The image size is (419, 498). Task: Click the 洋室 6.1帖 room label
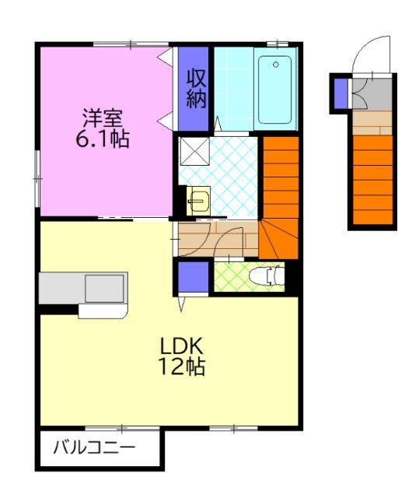tap(103, 128)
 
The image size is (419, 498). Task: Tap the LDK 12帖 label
tap(181, 356)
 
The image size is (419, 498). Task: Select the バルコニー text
tap(95, 448)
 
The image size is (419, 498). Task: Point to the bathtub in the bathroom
tap(274, 90)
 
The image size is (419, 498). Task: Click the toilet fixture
tap(267, 276)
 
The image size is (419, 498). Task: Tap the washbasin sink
tap(198, 201)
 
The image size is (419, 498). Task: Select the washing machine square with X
tap(195, 151)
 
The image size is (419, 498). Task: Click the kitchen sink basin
tap(104, 289)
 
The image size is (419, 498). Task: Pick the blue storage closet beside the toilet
tap(193, 276)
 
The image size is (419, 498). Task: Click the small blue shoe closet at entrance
tap(341, 93)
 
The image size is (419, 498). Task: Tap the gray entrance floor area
tap(372, 94)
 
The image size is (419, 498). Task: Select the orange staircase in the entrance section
tap(372, 180)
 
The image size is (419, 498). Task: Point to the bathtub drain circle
tap(276, 65)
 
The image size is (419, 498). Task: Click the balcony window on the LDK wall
tap(122, 429)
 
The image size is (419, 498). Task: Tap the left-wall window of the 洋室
tap(37, 179)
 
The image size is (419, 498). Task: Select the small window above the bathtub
tap(278, 44)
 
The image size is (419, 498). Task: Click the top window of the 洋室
tap(131, 44)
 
